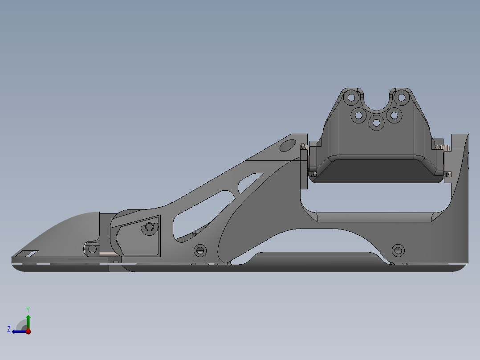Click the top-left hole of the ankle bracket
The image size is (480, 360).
tap(351, 97)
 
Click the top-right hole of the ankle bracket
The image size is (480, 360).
tap(401, 97)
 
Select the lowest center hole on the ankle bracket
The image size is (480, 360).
tap(376, 123)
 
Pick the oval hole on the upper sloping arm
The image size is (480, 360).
tap(287, 145)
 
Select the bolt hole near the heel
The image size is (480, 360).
tap(397, 250)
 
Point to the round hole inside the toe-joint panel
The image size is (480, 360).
tap(149, 228)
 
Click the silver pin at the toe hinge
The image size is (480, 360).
tap(107, 254)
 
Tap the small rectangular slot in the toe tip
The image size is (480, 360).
tap(31, 254)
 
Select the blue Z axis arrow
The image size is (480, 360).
tap(18, 331)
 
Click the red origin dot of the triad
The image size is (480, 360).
tap(28, 331)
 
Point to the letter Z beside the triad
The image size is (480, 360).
tap(9, 329)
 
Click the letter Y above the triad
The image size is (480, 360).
tap(28, 309)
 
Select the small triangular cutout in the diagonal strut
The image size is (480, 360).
tap(249, 183)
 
